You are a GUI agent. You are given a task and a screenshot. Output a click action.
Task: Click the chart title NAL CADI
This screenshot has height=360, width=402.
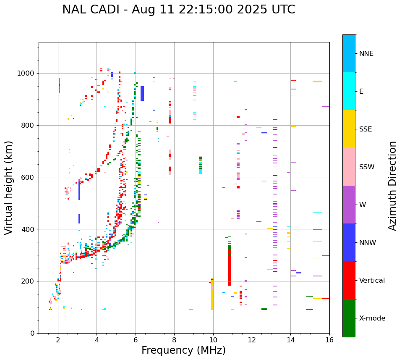click(x=178, y=10)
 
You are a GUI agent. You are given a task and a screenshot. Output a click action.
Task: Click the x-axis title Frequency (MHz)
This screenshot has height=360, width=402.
click(x=183, y=350)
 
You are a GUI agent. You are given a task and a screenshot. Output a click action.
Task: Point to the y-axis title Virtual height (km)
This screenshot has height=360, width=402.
click(x=9, y=187)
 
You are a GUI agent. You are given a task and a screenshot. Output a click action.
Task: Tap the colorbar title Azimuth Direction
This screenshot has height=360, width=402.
click(x=392, y=185)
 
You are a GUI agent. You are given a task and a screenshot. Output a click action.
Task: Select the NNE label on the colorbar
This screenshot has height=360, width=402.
click(x=366, y=54)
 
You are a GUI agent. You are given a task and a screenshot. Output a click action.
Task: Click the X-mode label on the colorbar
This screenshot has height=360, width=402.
click(x=372, y=318)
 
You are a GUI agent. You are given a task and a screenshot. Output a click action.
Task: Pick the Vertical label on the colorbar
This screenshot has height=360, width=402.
click(x=372, y=281)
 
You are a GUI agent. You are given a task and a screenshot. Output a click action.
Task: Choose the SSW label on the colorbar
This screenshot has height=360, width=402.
click(x=367, y=167)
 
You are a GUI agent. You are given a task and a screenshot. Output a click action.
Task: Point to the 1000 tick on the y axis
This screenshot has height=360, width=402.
click(x=26, y=74)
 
